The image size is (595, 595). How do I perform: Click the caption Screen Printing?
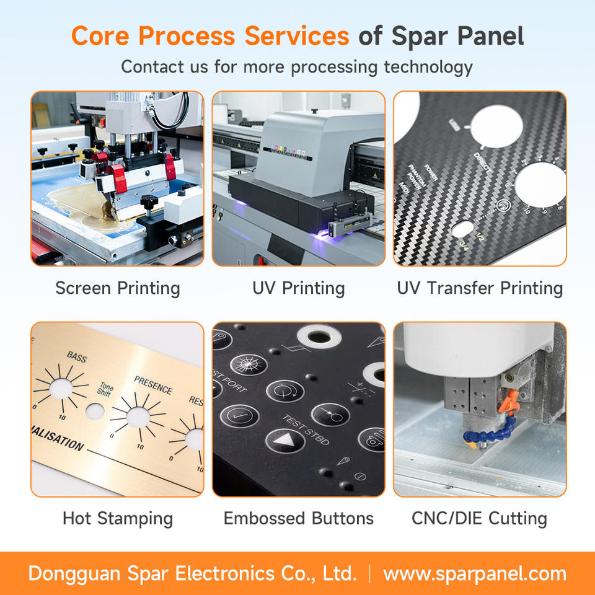point(118,288)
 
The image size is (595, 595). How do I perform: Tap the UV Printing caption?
point(298,288)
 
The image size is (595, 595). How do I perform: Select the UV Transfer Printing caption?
point(480,288)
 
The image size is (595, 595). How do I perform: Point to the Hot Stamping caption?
point(118,518)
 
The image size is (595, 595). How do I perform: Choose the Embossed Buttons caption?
point(298,518)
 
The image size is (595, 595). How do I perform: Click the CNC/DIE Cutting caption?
point(480,518)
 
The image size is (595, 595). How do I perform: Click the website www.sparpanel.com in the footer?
point(475,573)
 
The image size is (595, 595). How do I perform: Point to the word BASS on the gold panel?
point(77,358)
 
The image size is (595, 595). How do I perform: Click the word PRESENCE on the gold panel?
point(153,386)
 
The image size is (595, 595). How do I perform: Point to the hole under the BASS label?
point(60,388)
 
